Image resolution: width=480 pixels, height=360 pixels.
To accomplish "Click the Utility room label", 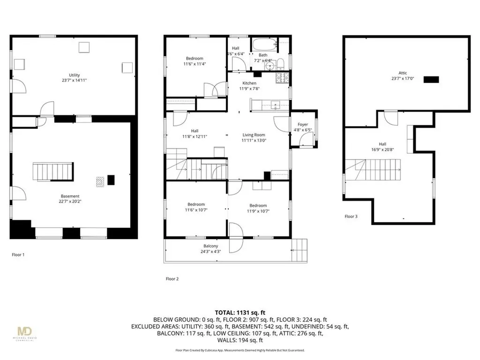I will tap(74, 75).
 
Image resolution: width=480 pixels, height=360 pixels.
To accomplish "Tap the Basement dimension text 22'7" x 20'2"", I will tap(70, 202).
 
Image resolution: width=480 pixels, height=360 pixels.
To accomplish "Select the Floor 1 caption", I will tap(18, 255).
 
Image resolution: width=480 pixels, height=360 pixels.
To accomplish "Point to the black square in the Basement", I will tap(111, 180).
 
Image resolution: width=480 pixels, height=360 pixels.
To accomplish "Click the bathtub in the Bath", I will tap(265, 45).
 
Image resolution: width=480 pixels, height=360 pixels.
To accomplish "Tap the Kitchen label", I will tap(249, 83).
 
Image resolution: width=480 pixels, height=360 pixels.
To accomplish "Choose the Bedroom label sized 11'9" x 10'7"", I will tap(258, 205).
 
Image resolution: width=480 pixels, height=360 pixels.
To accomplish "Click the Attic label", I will tap(403, 73).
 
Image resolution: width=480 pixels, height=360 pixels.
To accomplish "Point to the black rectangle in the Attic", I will tap(431, 80).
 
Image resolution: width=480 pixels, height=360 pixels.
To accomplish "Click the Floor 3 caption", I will tap(351, 217).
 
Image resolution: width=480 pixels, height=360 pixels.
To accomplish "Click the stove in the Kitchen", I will tap(284, 77).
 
